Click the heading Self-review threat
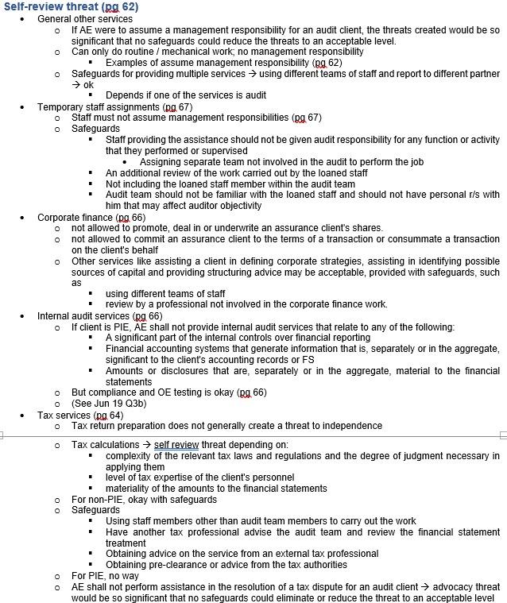(x=71, y=6)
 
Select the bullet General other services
(x=85, y=18)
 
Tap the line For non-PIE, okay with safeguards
(x=144, y=499)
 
